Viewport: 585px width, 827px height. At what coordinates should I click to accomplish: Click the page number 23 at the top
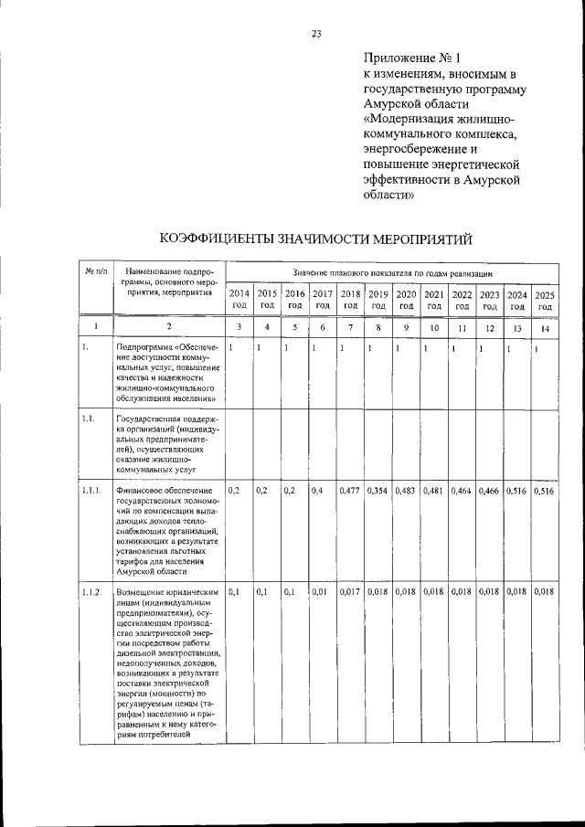point(316,34)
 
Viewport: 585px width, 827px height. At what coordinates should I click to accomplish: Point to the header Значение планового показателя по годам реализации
point(394,273)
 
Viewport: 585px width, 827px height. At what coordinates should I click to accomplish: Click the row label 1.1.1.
point(91,492)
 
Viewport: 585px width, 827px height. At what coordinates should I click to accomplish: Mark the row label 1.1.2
point(90,593)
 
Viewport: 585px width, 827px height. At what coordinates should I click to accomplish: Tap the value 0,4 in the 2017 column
point(316,492)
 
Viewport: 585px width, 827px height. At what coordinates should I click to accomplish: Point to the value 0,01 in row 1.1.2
point(319,593)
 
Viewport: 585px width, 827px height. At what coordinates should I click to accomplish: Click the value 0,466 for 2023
point(490,492)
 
